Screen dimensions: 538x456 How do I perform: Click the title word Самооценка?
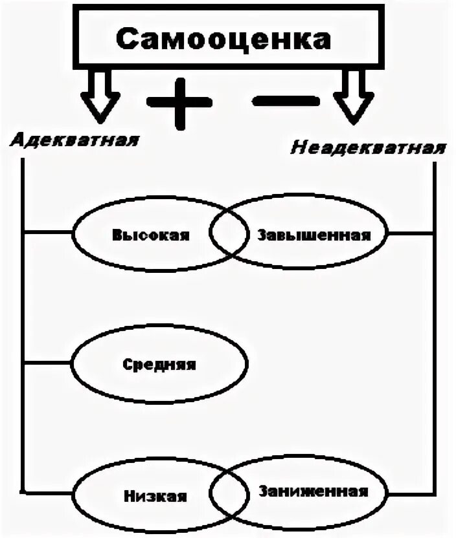(223, 40)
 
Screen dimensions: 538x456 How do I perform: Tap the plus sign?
(179, 102)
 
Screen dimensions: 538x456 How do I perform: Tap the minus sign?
(285, 100)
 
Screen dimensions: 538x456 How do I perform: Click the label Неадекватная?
(367, 148)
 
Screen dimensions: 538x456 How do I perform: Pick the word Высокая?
(150, 235)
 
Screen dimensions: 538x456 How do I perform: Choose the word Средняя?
(159, 365)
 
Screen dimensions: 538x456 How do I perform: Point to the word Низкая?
(155, 496)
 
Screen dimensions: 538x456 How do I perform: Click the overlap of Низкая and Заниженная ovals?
(229, 493)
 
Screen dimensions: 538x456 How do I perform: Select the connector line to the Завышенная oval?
(411, 231)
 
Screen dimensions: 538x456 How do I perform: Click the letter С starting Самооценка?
(128, 40)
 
